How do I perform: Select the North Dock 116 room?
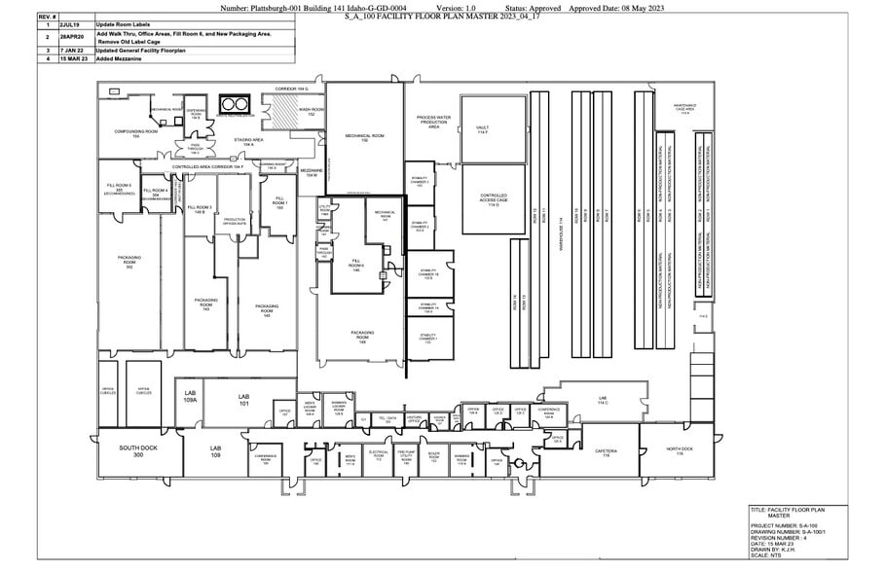coord(681,450)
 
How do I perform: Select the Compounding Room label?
coord(135,133)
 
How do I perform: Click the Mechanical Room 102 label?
coord(363,138)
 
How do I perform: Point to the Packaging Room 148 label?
coord(361,338)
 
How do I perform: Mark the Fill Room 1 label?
coord(278,203)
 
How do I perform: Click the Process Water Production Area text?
coord(433,122)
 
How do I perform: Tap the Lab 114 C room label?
coord(602,401)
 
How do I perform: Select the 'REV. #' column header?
coord(47,18)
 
